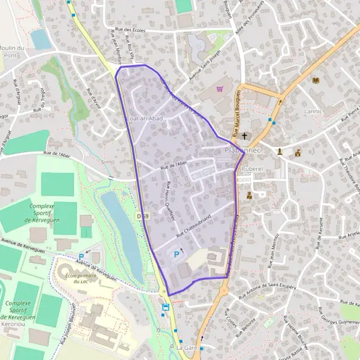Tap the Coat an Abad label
click(x=145, y=118)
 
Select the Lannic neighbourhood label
click(x=313, y=111)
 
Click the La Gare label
click(x=187, y=347)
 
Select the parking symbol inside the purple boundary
click(x=176, y=254)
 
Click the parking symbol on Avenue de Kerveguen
click(x=81, y=257)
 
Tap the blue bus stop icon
click(x=166, y=307)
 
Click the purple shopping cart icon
click(x=220, y=89)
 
